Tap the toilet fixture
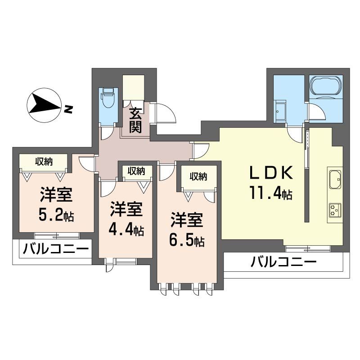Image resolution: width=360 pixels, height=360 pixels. (108, 98)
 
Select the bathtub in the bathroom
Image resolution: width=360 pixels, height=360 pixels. (326, 87)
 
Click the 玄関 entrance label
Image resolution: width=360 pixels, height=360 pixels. (135, 120)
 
